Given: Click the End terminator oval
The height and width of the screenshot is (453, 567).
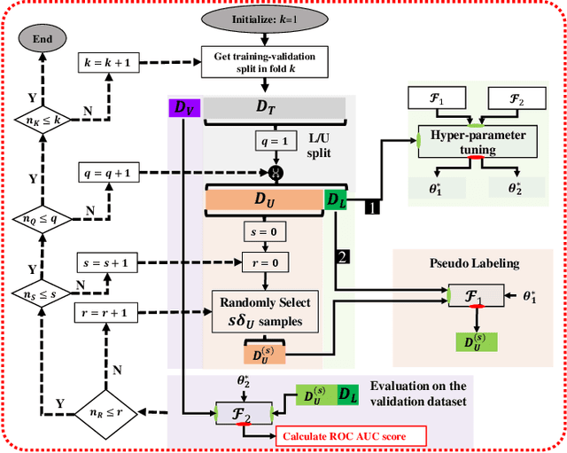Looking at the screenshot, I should point(42,39).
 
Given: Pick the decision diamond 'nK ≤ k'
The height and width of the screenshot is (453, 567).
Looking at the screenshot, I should point(41,117).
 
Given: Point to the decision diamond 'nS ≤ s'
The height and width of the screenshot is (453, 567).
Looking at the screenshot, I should point(41,290).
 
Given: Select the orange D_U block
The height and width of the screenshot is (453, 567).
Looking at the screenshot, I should point(264,200).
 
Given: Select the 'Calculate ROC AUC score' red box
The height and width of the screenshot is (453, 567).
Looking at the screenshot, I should point(352,435).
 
